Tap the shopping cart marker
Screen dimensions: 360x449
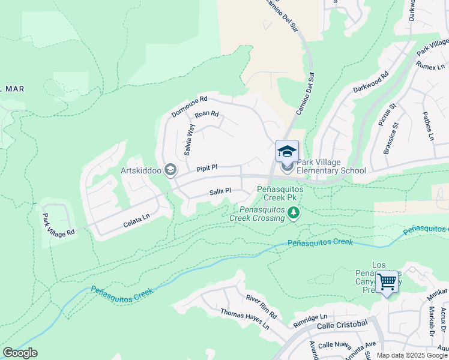point(387,280)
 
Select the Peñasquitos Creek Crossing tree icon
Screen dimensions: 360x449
point(294,213)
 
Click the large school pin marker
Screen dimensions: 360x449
point(287,151)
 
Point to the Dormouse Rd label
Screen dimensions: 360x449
point(189,106)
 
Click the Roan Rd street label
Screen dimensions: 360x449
point(206,114)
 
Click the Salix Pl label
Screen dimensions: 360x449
point(220,191)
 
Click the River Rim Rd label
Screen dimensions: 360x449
point(262,307)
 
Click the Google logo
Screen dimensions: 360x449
point(20,353)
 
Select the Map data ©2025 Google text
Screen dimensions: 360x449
point(412,355)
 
